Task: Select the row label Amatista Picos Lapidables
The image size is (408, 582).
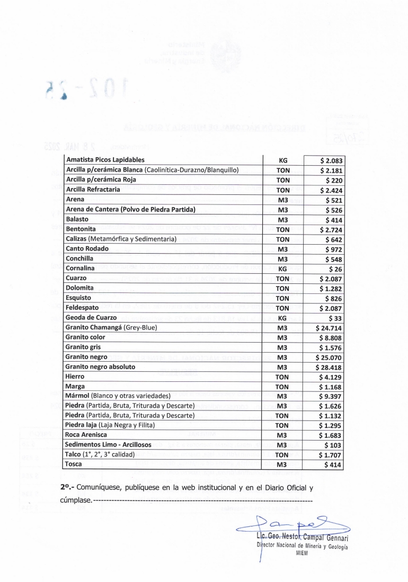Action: pyautogui.click(x=105, y=159)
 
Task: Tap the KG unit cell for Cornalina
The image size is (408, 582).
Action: pyautogui.click(x=282, y=268)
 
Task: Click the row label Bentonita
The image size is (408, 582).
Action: pyautogui.click(x=81, y=229)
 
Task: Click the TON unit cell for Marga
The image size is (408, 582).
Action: pyautogui.click(x=282, y=387)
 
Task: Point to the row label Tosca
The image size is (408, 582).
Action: pyautogui.click(x=74, y=464)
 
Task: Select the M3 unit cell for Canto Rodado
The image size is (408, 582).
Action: pyautogui.click(x=282, y=248)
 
